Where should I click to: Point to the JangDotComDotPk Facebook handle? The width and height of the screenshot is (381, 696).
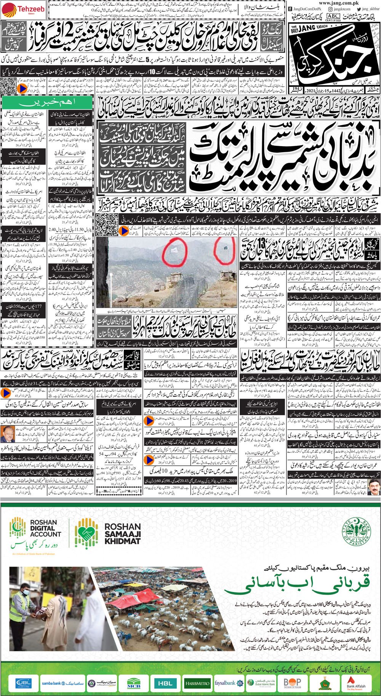pos(306,9)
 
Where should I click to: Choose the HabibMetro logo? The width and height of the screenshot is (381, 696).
pos(197,682)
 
